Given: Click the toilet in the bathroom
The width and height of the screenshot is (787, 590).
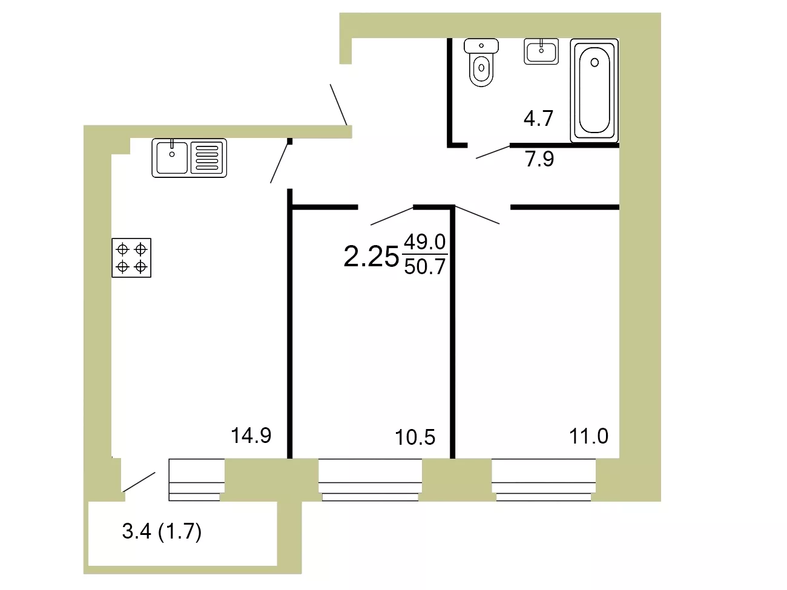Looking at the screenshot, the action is (481, 62).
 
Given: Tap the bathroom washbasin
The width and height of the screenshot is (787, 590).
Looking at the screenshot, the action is (541, 51).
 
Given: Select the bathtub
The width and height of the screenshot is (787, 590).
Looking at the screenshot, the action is (594, 90).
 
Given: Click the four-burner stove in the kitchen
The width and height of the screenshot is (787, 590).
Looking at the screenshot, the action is (131, 258).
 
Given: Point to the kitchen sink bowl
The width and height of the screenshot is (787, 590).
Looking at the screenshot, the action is (172, 158).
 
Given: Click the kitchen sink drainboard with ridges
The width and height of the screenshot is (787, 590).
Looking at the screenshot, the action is (207, 158).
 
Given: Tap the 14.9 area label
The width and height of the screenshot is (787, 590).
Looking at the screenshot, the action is (251, 436).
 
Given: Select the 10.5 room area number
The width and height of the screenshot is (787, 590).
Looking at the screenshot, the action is (415, 438).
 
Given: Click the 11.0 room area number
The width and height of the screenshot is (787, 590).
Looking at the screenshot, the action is (588, 436).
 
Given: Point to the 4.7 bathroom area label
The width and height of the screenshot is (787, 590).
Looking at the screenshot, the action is (538, 118).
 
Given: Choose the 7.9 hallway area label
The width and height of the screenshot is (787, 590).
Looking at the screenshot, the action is (539, 159).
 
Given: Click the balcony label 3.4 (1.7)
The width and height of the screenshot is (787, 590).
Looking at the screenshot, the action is (162, 531).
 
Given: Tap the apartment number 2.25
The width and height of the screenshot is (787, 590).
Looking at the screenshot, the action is (371, 257).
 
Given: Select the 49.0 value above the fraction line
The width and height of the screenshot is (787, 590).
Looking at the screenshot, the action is (425, 242).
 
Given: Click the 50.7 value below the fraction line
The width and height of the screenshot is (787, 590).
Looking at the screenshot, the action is (425, 266).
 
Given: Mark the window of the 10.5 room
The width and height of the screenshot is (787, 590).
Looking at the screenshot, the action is (370, 480).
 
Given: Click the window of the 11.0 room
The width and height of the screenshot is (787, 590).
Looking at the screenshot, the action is (544, 480).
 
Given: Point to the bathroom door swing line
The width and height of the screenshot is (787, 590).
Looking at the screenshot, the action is (493, 152).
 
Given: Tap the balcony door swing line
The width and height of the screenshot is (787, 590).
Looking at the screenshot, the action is (139, 482).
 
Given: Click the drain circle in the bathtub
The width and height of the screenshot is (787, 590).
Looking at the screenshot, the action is (594, 63).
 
